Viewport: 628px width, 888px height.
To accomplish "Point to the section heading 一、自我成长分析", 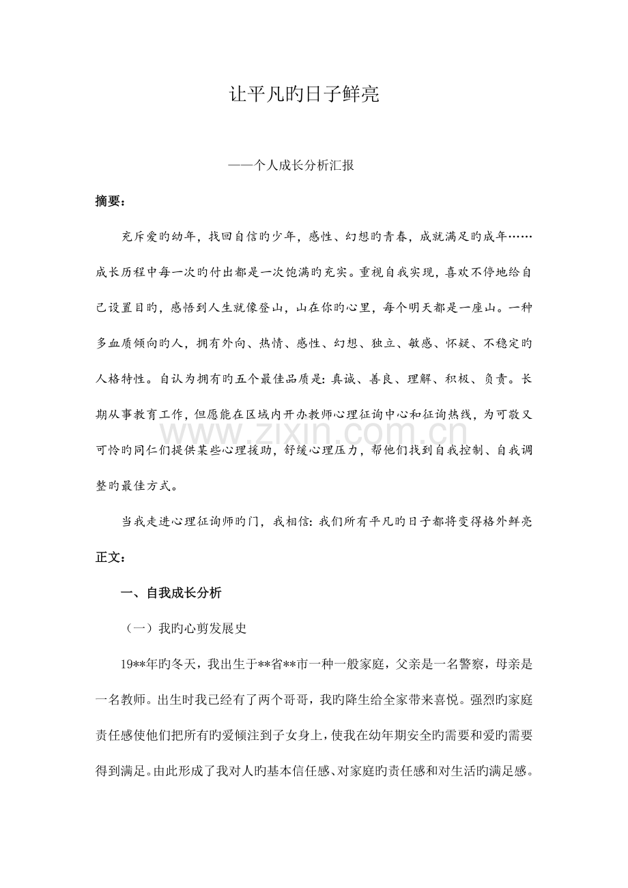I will click(x=171, y=593).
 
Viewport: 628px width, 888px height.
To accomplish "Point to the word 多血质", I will click(x=117, y=343).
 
